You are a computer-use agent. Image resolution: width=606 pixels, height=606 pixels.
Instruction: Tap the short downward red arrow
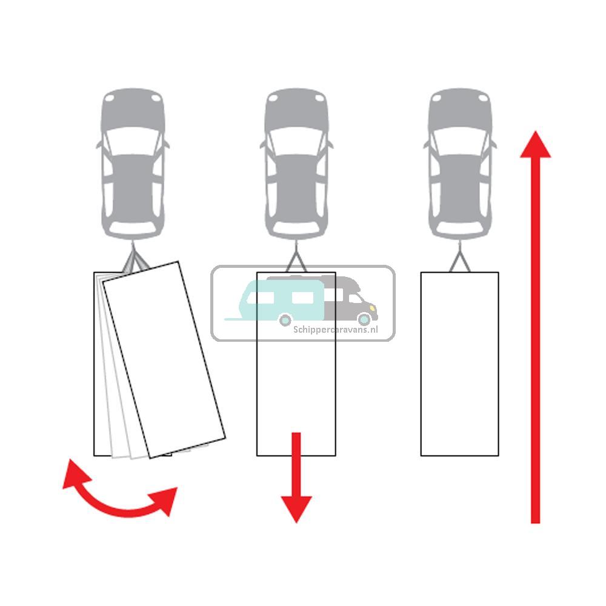click(x=296, y=478)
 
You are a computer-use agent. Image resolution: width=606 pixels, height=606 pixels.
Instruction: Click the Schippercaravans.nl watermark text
click(x=336, y=330)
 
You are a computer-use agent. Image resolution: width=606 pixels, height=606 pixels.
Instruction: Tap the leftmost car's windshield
click(x=133, y=140)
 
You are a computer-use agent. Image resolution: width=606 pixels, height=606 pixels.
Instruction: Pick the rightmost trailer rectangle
click(x=459, y=364)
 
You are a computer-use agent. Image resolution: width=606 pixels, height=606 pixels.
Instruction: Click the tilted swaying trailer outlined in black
click(x=164, y=359)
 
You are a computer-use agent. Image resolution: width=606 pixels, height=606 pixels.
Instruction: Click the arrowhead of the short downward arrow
click(x=296, y=508)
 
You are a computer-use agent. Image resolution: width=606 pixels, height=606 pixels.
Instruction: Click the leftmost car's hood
click(x=133, y=110)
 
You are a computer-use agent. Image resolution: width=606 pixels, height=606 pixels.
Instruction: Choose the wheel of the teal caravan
click(x=285, y=320)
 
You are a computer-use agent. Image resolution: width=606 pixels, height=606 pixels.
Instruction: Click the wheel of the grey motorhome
click(x=364, y=319)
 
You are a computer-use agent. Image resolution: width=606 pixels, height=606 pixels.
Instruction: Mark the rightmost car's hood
click(x=460, y=110)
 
